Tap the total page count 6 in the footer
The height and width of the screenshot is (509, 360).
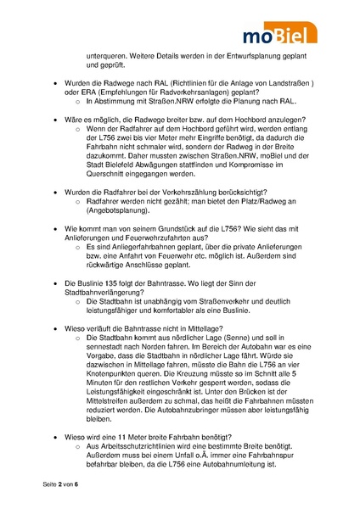[76, 483]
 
